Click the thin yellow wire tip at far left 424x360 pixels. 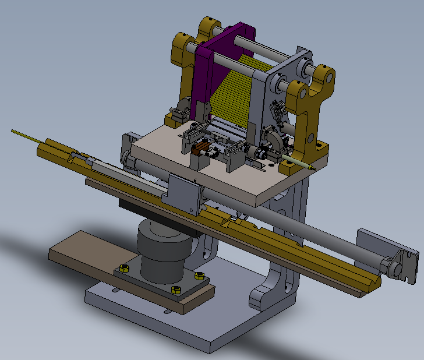point(14,132)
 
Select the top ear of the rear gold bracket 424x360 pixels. point(207,27)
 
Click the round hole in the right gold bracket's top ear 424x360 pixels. point(326,76)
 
